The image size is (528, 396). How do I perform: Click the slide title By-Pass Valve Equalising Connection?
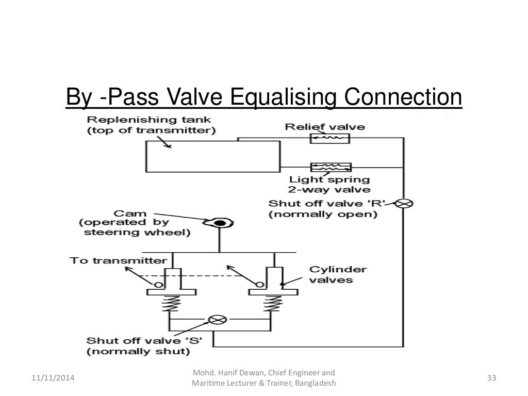coord(263,98)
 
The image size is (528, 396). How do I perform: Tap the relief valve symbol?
coord(329,138)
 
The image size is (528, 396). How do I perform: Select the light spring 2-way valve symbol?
coord(331,167)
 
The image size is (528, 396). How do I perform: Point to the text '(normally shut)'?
coord(138,352)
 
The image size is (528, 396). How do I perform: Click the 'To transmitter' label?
coord(118,260)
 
